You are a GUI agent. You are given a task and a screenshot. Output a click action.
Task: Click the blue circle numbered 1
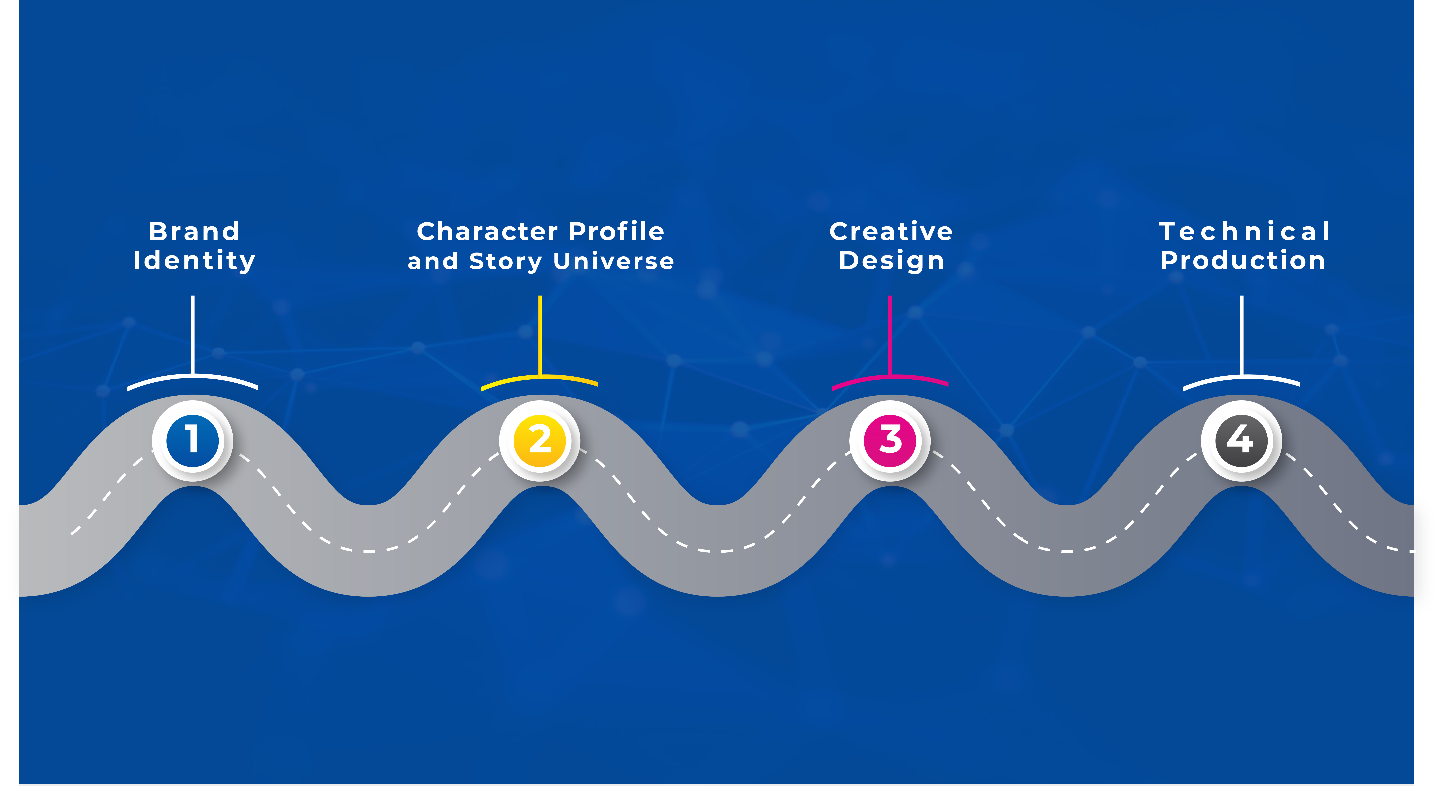[192, 441]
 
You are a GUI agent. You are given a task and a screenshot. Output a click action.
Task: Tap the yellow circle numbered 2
[539, 441]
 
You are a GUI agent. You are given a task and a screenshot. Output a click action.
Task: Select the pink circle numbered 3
[890, 441]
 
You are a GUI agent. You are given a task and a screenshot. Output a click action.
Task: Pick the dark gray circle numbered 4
[1241, 441]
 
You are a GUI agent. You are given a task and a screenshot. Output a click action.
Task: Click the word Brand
[194, 231]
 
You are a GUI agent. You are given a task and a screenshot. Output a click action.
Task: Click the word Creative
[891, 231]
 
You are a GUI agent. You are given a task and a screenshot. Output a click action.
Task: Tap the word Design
[891, 261]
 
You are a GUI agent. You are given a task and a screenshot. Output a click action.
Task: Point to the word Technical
[1244, 231]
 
